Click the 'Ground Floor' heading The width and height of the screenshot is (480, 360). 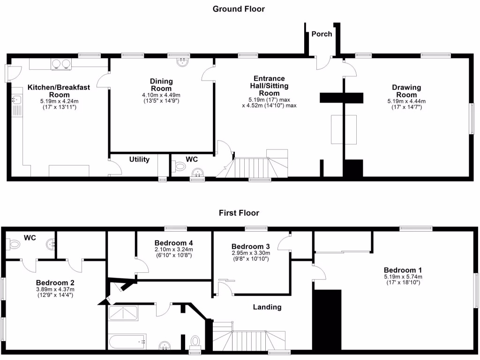point(239,9)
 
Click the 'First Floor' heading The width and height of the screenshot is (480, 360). point(239,213)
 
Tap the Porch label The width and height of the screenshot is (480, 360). point(322,34)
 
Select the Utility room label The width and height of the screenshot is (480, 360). point(139,159)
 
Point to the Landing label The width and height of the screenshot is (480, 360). point(267,307)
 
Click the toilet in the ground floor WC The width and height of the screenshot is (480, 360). point(179,166)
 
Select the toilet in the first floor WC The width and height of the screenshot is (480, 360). point(14,244)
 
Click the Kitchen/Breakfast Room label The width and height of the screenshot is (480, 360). point(50,91)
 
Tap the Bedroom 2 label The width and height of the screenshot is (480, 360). point(55,283)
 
